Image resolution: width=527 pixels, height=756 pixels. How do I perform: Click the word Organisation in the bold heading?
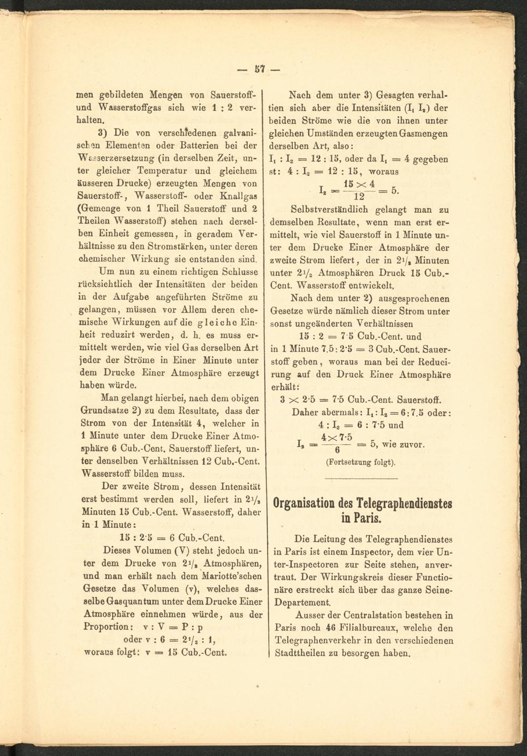(x=307, y=503)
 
